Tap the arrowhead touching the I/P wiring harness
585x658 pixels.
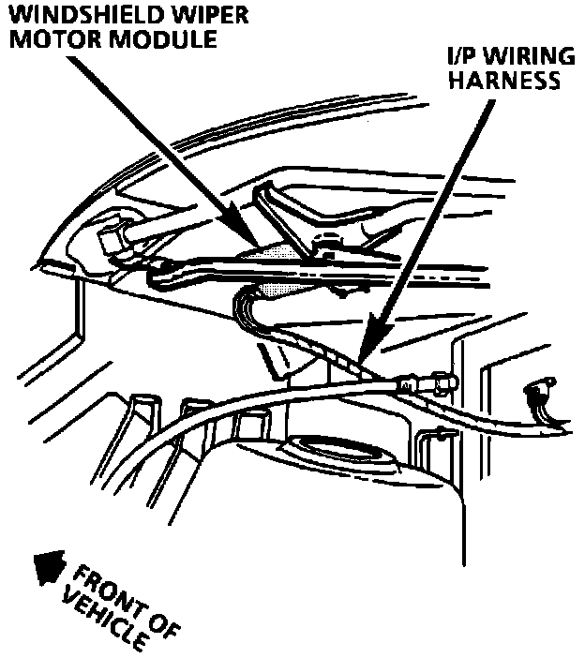tap(366, 347)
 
